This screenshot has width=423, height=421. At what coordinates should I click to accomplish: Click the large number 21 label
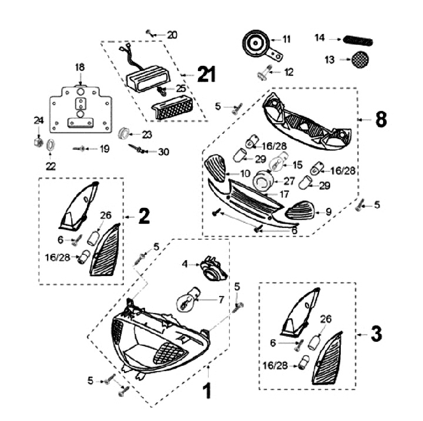[206, 75]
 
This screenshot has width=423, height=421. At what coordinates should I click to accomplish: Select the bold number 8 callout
[381, 119]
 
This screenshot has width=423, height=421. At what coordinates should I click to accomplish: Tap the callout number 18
[79, 68]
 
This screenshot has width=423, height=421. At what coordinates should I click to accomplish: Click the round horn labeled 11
[257, 43]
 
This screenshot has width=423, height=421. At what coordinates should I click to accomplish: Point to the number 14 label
[320, 39]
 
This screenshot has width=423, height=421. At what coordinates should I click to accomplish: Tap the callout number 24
[38, 121]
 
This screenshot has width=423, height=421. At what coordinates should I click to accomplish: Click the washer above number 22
[51, 145]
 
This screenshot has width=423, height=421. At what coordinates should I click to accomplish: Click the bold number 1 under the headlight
[206, 390]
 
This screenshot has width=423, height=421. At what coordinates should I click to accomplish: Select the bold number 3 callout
[376, 335]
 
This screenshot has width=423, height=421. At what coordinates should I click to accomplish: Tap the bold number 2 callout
[144, 217]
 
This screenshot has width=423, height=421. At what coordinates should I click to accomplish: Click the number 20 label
[172, 35]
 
